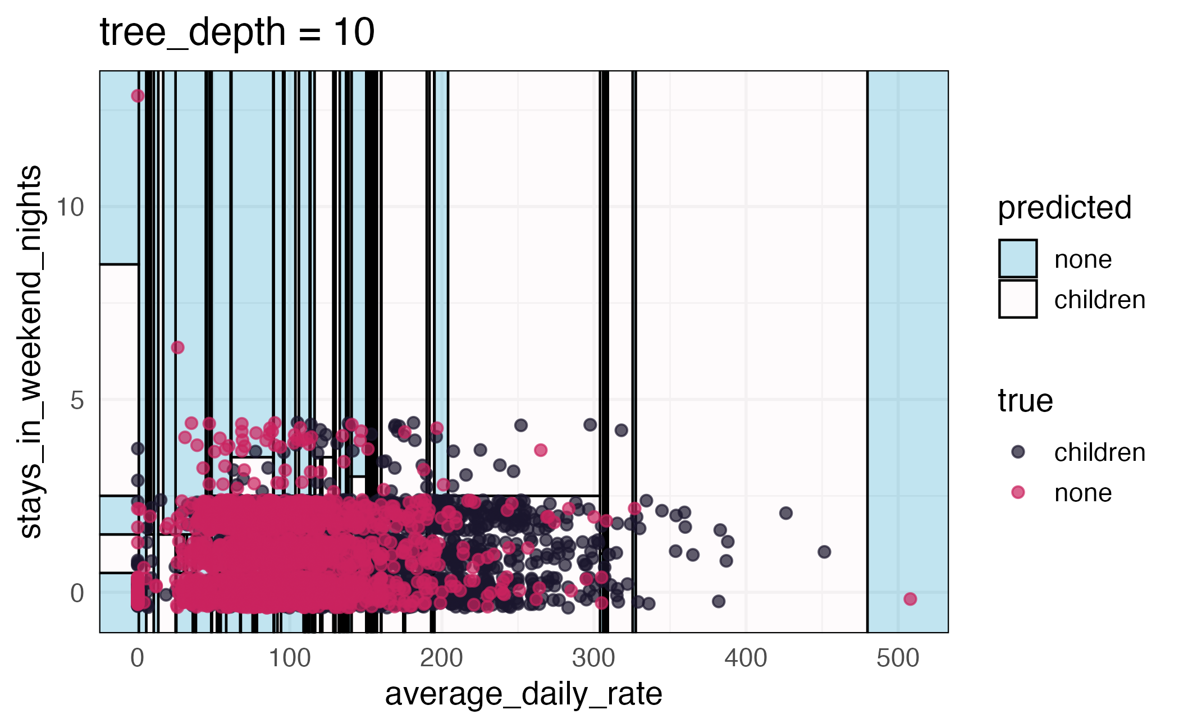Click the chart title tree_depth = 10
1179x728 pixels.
click(237, 33)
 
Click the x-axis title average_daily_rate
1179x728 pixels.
click(523, 694)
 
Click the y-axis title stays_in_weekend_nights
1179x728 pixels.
click(30, 352)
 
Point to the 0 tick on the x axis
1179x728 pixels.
click(138, 658)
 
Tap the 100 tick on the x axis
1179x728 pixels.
click(290, 658)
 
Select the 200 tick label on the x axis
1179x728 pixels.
click(441, 658)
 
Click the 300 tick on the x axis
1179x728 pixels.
click(593, 658)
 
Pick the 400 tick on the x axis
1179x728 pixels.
click(746, 658)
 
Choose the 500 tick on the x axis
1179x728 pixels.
click(898, 658)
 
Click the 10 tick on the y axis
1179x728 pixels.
click(70, 207)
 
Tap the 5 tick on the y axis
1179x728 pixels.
click(77, 400)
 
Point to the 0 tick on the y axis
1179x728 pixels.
click(77, 593)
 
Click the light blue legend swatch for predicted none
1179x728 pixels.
click(1017, 259)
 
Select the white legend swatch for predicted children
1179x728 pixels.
click(1017, 299)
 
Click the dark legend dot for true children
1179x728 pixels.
click(1018, 452)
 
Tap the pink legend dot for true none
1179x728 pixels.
click(1018, 492)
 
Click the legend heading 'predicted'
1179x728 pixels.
click(1064, 208)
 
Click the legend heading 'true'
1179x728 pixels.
click(1025, 401)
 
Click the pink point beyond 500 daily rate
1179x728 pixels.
click(910, 599)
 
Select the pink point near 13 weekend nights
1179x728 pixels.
click(138, 96)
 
